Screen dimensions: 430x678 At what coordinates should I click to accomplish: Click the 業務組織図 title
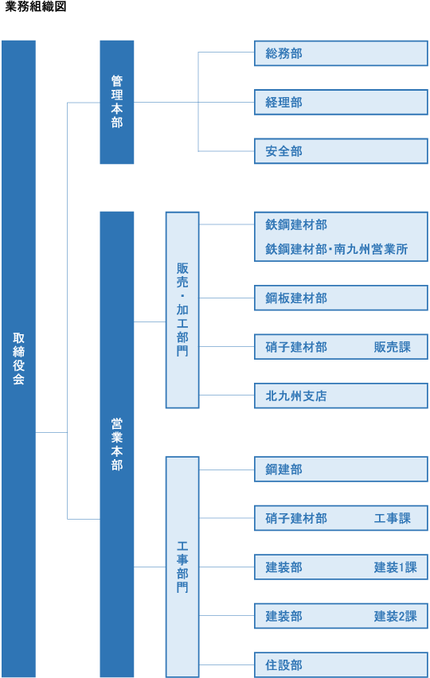click(36, 6)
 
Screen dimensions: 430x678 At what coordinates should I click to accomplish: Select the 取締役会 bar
click(18, 359)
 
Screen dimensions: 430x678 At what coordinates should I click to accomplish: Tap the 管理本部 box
click(117, 102)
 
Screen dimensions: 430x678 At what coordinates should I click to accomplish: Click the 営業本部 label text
click(117, 444)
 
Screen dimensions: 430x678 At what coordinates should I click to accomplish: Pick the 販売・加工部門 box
click(182, 310)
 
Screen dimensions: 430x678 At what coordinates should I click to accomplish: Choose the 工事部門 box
click(182, 567)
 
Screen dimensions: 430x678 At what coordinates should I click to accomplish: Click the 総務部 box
click(341, 53)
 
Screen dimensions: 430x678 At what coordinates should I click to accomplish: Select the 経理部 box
click(341, 102)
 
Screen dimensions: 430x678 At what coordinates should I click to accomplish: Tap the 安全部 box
click(341, 151)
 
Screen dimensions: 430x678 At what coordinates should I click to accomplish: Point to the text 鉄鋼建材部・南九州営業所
click(337, 249)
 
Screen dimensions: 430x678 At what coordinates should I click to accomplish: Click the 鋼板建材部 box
click(341, 298)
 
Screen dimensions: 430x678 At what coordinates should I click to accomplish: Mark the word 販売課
click(393, 347)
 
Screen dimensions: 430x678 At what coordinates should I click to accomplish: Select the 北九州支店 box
click(341, 395)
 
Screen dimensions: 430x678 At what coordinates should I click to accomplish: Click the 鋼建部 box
click(341, 470)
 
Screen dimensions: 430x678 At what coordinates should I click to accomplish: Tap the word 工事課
click(393, 518)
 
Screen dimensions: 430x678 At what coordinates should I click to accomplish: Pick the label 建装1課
click(396, 567)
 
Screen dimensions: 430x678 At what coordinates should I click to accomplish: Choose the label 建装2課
click(396, 616)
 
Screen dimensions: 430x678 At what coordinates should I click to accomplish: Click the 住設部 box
click(341, 664)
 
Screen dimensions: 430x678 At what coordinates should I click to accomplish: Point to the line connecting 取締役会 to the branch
click(52, 432)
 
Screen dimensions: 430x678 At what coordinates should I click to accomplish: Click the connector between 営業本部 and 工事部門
click(150, 567)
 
